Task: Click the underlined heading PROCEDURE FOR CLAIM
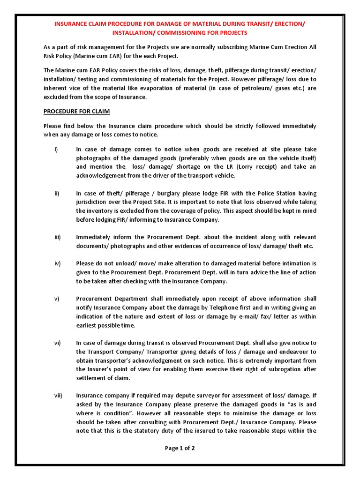click(76, 112)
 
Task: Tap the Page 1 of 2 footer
click(180, 448)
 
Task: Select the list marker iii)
click(57, 238)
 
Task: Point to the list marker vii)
click(58, 395)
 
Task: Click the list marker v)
click(57, 299)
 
